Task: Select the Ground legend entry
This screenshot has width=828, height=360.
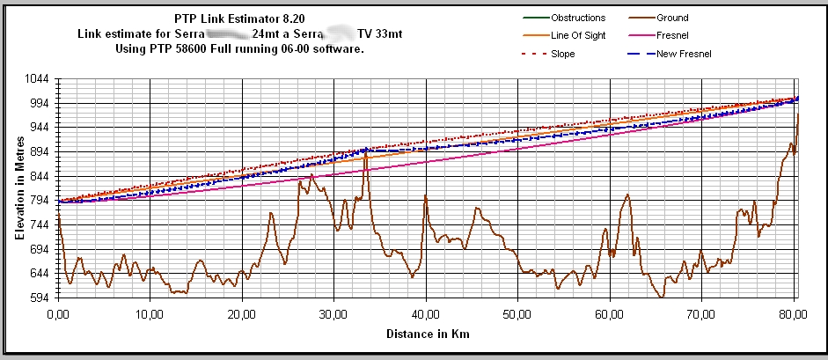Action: pyautogui.click(x=672, y=18)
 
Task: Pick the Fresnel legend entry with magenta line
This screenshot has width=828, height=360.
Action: pyautogui.click(x=672, y=36)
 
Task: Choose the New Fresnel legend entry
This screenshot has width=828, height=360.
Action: pyautogui.click(x=683, y=55)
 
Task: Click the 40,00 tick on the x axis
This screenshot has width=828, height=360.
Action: pyautogui.click(x=426, y=313)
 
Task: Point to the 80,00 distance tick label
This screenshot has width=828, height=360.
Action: pyautogui.click(x=794, y=313)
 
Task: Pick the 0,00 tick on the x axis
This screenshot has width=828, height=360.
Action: pyautogui.click(x=58, y=313)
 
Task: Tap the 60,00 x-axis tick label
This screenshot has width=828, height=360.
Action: pyautogui.click(x=610, y=313)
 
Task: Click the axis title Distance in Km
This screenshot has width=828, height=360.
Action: pyautogui.click(x=427, y=334)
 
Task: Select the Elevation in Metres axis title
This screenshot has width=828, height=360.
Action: pyautogui.click(x=18, y=188)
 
